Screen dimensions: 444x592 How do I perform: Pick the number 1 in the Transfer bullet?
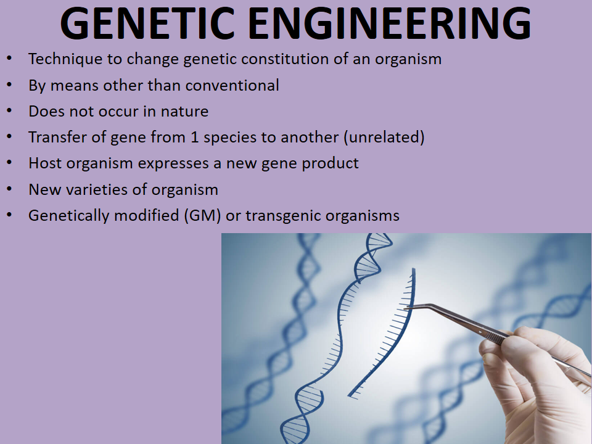pyautogui.click(x=193, y=138)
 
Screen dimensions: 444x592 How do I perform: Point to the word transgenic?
pyautogui.click(x=280, y=216)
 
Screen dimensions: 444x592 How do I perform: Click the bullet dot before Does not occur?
pyautogui.click(x=9, y=111)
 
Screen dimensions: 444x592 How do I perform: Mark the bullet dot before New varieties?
pyautogui.click(x=9, y=189)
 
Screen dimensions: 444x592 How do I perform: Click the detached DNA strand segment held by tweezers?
pyautogui.click(x=388, y=333)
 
